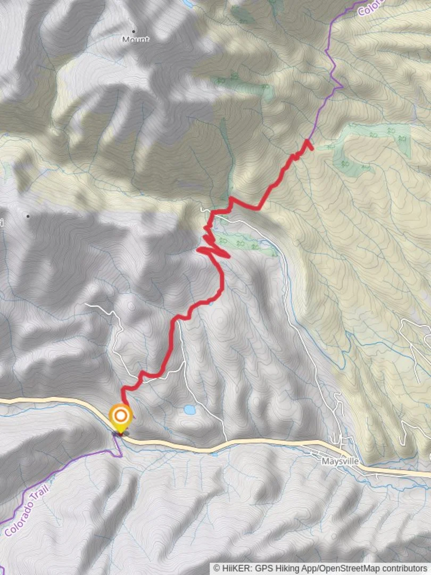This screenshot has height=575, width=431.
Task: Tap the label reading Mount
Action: (136, 40)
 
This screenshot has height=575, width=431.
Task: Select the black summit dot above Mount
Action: (133, 31)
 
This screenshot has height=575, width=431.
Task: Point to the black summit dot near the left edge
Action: (28, 216)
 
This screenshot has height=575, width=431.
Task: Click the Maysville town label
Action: (339, 461)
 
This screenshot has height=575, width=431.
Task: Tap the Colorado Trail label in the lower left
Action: (26, 510)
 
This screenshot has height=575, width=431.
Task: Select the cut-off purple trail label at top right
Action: (370, 7)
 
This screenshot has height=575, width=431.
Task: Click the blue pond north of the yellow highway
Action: (189, 409)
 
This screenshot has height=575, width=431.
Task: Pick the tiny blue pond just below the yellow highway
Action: (214, 454)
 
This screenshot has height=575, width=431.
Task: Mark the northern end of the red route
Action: (308, 141)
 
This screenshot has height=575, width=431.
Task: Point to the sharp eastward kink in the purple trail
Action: (341, 85)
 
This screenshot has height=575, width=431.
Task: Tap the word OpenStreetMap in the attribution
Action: (352, 569)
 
